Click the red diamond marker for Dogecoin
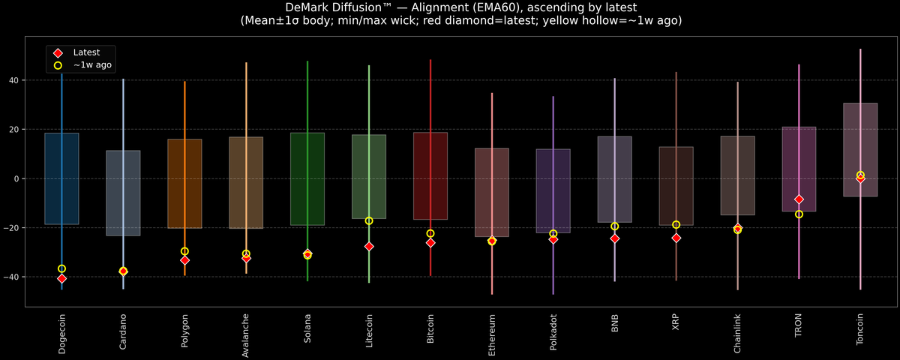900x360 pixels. coord(61,278)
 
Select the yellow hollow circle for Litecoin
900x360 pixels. coord(369,220)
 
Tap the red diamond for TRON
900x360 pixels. coord(799,199)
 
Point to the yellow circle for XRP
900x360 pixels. coord(676,224)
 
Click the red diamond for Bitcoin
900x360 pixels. coord(430,242)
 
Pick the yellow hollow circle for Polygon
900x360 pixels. coord(184,251)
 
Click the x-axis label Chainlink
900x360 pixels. coord(738,333)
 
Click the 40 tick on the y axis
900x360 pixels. coord(15,80)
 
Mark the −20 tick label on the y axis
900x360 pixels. coord(13,228)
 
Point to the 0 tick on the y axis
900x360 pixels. coord(17,178)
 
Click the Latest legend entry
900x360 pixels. coord(82,52)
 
